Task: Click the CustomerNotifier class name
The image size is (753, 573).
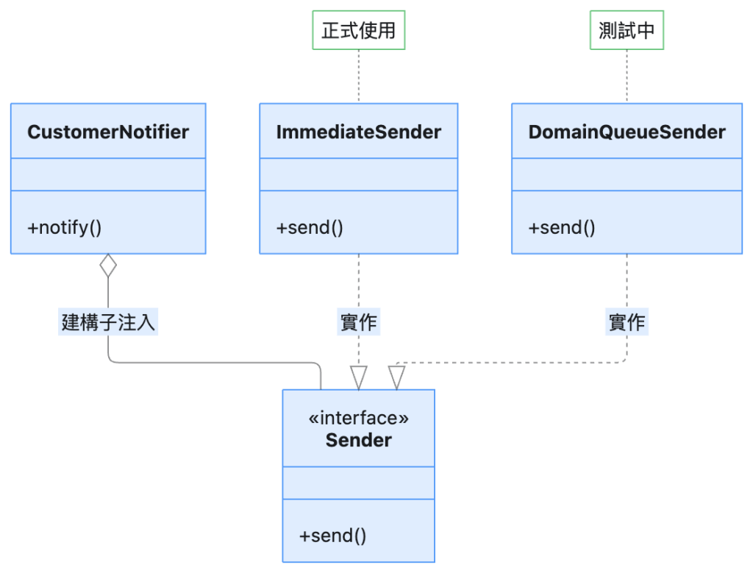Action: pos(108,132)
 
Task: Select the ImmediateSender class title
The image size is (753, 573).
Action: pos(359,132)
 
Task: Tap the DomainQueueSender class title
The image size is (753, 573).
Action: pos(627,132)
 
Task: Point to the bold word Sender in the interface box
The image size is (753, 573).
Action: pos(359,441)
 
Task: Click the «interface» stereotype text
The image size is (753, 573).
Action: pos(359,418)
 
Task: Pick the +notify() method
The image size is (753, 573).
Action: pos(65,228)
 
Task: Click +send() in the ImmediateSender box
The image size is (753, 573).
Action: pos(310,228)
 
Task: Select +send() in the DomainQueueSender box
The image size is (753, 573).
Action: pos(562,228)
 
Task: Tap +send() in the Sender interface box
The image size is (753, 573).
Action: pos(333,535)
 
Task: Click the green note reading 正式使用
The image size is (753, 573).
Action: pos(359,30)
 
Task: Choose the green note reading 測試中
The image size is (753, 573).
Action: pos(627,30)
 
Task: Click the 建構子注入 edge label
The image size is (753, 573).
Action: pos(108,321)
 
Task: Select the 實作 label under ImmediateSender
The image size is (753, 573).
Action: pos(359,321)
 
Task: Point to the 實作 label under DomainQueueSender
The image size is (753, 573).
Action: pos(627,321)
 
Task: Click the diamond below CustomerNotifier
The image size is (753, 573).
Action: pos(108,266)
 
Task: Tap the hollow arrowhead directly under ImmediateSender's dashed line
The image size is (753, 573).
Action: pos(359,377)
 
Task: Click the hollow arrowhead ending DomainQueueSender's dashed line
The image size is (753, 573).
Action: pos(396,377)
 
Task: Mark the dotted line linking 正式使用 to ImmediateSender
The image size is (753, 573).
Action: pos(359,76)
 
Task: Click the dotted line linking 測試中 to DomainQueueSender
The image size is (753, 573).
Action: pos(627,76)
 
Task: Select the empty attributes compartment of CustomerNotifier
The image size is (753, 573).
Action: pos(108,174)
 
